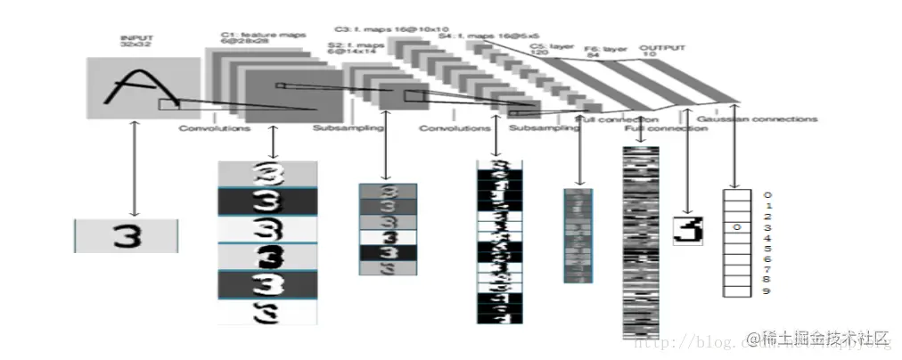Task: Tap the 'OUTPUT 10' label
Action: click(660, 50)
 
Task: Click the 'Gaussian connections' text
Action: click(757, 119)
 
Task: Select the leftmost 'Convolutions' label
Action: click(215, 128)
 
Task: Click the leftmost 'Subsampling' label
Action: click(348, 128)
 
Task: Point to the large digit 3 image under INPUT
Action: click(127, 235)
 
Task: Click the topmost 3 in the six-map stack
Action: click(266, 173)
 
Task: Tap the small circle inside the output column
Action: click(735, 227)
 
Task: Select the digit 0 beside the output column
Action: click(767, 194)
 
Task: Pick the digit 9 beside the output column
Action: click(767, 290)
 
